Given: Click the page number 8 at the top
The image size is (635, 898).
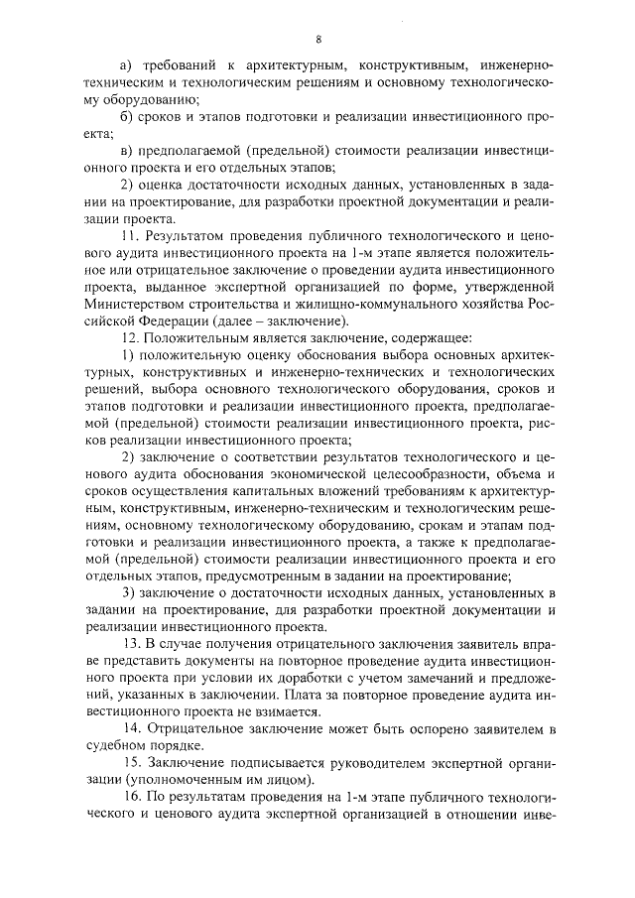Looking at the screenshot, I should point(317,40).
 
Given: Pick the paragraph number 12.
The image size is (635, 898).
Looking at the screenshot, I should point(127,338).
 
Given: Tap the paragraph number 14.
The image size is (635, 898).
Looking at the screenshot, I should point(127,729).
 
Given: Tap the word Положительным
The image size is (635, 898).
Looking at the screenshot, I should point(197,338).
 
